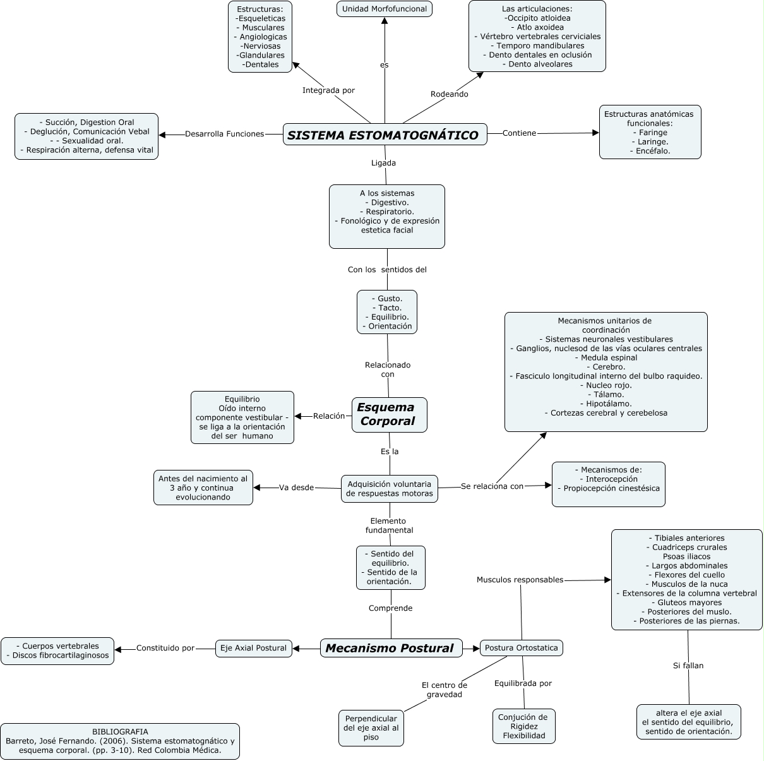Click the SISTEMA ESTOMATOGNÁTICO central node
pos(385,135)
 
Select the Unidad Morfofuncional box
pos(385,9)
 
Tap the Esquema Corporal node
pos(389,414)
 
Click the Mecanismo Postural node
pos(391,648)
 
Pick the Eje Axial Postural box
pos(253,648)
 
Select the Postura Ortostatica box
pos(521,648)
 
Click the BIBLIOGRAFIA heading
pos(120,732)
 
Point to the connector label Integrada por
pos(328,90)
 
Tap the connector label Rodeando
pos(449,94)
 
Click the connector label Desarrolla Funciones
pos(224,134)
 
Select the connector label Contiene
pos(519,133)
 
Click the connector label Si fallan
pos(688,666)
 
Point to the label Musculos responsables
pos(520,580)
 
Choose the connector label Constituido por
pos(165,648)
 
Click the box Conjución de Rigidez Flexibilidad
pos(523,726)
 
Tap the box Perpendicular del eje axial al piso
pos(371,728)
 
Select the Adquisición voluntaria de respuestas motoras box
pos(390,489)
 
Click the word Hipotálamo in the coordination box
pos(606,404)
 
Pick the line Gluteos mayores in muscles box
pos(686,602)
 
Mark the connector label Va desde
pos(296,488)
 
